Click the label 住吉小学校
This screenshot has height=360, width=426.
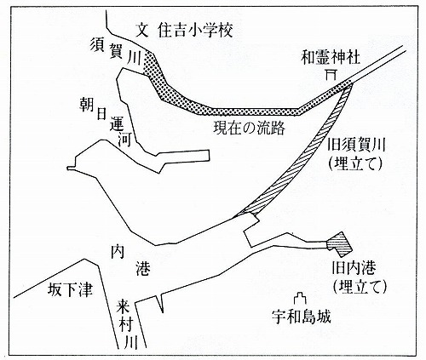[195, 30]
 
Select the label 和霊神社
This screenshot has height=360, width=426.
[331, 58]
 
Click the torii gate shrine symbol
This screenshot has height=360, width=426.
[331, 75]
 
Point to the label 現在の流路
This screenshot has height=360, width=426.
[249, 129]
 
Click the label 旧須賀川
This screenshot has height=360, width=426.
[356, 146]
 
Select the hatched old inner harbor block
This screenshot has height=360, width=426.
[339, 243]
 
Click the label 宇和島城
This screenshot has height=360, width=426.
[301, 317]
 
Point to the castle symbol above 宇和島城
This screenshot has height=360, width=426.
[300, 300]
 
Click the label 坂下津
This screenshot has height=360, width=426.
[70, 290]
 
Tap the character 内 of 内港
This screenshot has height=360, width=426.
[118, 251]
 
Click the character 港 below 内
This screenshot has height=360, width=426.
[142, 269]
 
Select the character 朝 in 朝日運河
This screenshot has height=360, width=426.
[86, 106]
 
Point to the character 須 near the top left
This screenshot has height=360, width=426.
[97, 45]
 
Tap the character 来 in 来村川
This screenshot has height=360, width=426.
[124, 306]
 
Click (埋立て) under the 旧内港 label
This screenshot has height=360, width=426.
[360, 287]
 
